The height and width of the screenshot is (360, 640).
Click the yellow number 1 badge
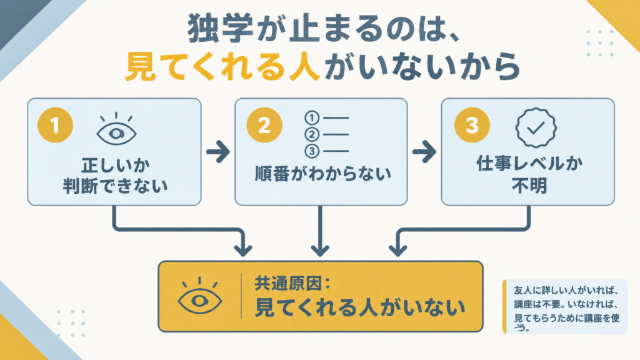[x=55, y=125]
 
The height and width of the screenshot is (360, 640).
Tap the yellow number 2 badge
[x=264, y=125]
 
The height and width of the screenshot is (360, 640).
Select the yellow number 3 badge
[x=472, y=125]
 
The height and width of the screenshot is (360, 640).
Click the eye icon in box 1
[x=116, y=129]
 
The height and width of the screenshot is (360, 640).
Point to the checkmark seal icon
[x=536, y=127]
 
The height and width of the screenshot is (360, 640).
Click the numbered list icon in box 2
[x=326, y=134]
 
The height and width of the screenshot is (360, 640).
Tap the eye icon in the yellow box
[x=199, y=296]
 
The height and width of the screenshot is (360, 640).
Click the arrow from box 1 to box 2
[x=218, y=152]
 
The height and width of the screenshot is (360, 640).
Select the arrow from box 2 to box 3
[x=424, y=152]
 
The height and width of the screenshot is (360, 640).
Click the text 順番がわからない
[x=323, y=174]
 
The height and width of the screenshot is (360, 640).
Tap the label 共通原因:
[x=292, y=284]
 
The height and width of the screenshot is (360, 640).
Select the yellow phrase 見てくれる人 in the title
[x=222, y=66]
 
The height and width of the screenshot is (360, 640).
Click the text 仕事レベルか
[x=529, y=164]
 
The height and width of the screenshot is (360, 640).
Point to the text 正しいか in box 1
[x=116, y=165]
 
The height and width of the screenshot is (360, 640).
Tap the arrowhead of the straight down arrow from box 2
[x=320, y=249]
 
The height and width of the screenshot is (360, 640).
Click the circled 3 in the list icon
[x=312, y=151]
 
